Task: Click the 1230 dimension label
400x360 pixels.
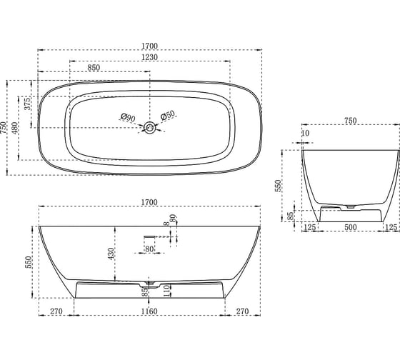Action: [149, 57]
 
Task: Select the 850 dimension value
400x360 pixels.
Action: [94, 68]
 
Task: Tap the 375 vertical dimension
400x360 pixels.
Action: [28, 103]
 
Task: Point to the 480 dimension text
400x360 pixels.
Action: [15, 129]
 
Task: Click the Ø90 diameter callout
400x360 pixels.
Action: [128, 117]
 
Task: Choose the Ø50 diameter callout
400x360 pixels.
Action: [168, 115]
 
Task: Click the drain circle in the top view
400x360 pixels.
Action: [150, 127]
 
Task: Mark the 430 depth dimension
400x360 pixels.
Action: [111, 254]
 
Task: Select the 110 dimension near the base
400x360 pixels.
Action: [166, 291]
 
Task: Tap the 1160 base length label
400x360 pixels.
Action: [149, 311]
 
